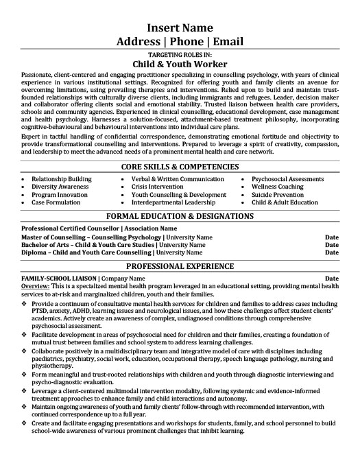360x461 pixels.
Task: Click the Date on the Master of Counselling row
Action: [x=331, y=237]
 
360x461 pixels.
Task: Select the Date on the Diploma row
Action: [x=331, y=252]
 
